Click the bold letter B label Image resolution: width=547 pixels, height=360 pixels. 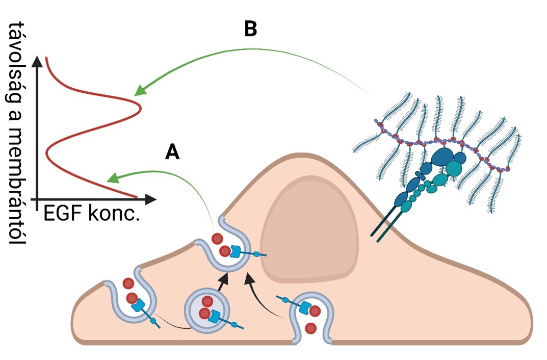tap(250, 30)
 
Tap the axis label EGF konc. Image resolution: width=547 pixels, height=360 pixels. tap(92, 214)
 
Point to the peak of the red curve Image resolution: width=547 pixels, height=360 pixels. tap(140, 108)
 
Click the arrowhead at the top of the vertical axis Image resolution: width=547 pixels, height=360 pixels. tap(37, 62)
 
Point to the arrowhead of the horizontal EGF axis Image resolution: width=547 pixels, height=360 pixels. tap(151, 198)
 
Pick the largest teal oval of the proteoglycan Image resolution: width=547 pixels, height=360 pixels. tap(453, 168)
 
